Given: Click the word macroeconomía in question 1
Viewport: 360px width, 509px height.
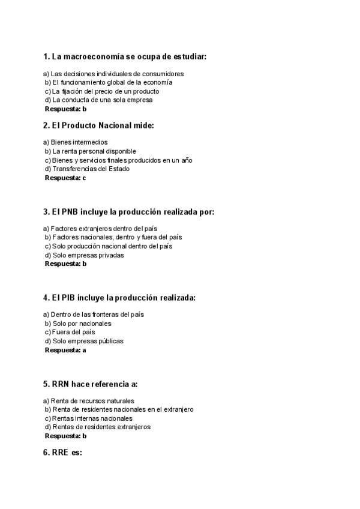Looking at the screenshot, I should tap(88, 57).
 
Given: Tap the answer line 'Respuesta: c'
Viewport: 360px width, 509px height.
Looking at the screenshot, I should tap(65, 178).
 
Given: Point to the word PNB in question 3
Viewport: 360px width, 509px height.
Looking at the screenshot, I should tap(69, 211).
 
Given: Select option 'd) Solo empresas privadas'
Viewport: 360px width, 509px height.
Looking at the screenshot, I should tap(84, 255).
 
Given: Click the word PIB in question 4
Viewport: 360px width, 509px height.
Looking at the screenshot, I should tap(68, 298).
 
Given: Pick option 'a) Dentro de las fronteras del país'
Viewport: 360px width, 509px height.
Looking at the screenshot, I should tap(94, 314).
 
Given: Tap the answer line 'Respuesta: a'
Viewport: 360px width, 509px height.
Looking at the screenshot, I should tap(65, 350).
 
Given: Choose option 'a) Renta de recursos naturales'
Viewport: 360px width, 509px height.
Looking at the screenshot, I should tap(89, 400).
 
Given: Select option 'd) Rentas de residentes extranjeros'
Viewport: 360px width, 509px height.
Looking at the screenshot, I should tap(98, 427).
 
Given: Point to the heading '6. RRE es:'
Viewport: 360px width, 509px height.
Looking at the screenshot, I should tap(62, 453).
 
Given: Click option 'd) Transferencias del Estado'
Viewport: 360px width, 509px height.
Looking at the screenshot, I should tap(86, 169).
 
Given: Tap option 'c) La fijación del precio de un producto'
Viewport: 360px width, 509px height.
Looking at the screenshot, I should tap(102, 91).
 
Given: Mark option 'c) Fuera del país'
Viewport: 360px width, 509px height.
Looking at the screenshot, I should tap(70, 332).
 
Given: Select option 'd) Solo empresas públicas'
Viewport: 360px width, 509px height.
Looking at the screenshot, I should tap(84, 341).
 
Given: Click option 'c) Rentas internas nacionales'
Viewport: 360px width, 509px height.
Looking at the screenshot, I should tap(88, 418).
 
